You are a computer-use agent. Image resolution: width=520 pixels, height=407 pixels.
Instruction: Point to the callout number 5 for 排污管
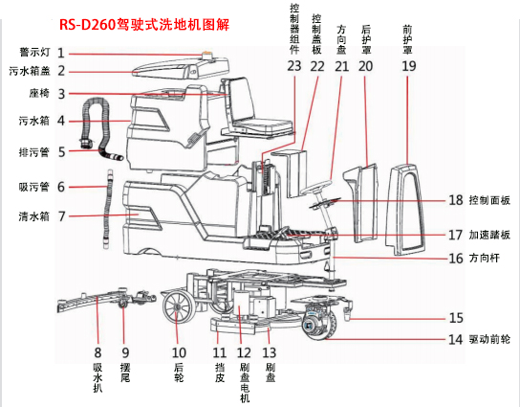click(60, 151)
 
